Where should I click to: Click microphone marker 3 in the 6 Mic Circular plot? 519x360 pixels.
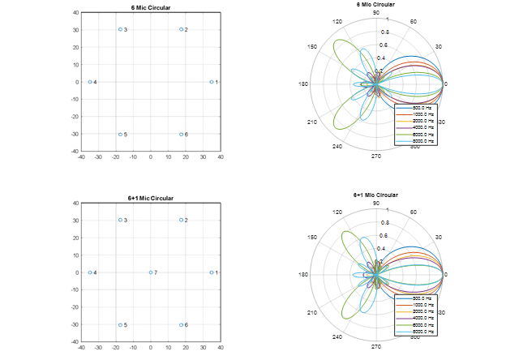120,29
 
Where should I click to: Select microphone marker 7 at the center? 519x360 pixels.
151,272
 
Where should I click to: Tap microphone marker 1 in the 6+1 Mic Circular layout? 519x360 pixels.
212,272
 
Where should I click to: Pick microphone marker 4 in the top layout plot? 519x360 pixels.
90,82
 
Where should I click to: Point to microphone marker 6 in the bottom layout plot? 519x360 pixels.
182,325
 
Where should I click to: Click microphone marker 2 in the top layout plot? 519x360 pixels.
182,29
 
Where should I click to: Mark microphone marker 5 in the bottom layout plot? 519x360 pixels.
120,325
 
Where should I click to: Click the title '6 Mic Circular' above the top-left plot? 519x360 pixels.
151,7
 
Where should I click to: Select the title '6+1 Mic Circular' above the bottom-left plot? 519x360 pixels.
151,198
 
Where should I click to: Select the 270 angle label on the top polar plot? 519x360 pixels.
376,156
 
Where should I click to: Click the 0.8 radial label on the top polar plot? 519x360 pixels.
384,32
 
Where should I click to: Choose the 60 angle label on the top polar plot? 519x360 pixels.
414,22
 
